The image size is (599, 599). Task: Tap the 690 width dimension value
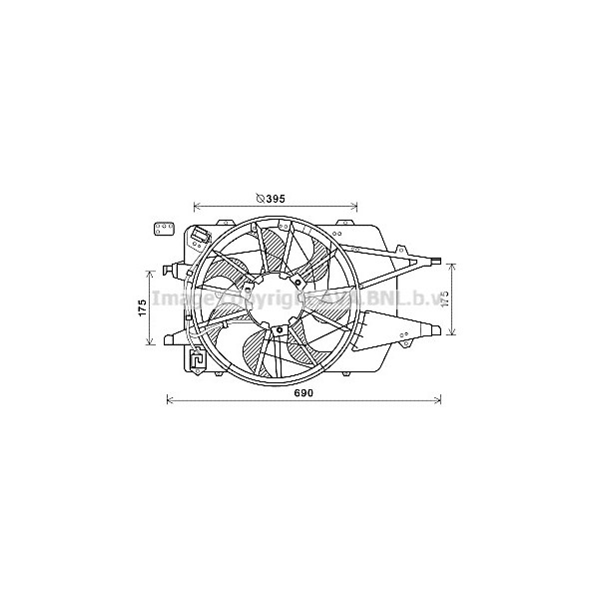coord(303,393)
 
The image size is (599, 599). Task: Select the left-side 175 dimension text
coord(143,306)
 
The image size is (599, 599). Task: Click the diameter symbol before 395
coord(260,199)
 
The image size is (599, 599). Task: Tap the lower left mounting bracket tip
coord(171,335)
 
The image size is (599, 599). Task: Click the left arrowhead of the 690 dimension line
coord(169,401)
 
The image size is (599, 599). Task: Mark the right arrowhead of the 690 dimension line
coord(439,401)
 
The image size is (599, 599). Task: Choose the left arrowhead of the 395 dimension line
coord(195,207)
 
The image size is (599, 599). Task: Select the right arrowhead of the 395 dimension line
coord(354,207)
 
